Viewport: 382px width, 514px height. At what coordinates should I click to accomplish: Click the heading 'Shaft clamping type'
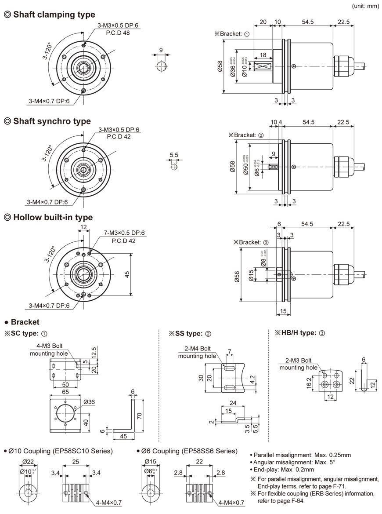click(x=54, y=15)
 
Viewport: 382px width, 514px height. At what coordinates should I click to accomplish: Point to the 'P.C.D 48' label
click(x=117, y=33)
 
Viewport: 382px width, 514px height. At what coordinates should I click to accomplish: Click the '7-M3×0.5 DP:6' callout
click(x=125, y=233)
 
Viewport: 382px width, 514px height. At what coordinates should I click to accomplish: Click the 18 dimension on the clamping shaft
click(x=263, y=55)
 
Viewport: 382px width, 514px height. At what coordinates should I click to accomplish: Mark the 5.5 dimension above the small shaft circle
click(x=174, y=155)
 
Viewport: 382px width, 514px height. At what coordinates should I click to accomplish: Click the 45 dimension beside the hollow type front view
click(x=127, y=273)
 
